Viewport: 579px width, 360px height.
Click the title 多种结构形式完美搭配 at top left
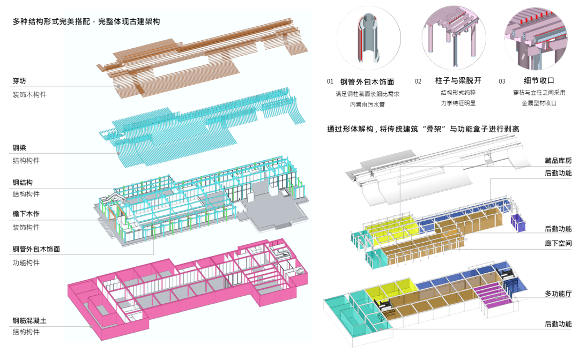(x=54, y=22)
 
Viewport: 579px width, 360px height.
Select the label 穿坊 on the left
(x=20, y=81)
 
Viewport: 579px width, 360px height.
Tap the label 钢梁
(x=20, y=148)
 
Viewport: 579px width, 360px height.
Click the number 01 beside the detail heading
(x=330, y=81)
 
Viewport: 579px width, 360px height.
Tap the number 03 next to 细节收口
(x=502, y=81)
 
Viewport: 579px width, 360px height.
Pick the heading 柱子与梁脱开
(x=458, y=81)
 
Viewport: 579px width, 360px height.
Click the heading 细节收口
(x=531, y=81)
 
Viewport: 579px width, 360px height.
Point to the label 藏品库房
(x=558, y=161)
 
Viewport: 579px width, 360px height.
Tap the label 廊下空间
(x=558, y=243)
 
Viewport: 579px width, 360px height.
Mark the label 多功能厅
(x=558, y=294)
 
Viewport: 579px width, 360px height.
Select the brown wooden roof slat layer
(x=204, y=54)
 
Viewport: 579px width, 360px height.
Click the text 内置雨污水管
(x=367, y=104)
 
